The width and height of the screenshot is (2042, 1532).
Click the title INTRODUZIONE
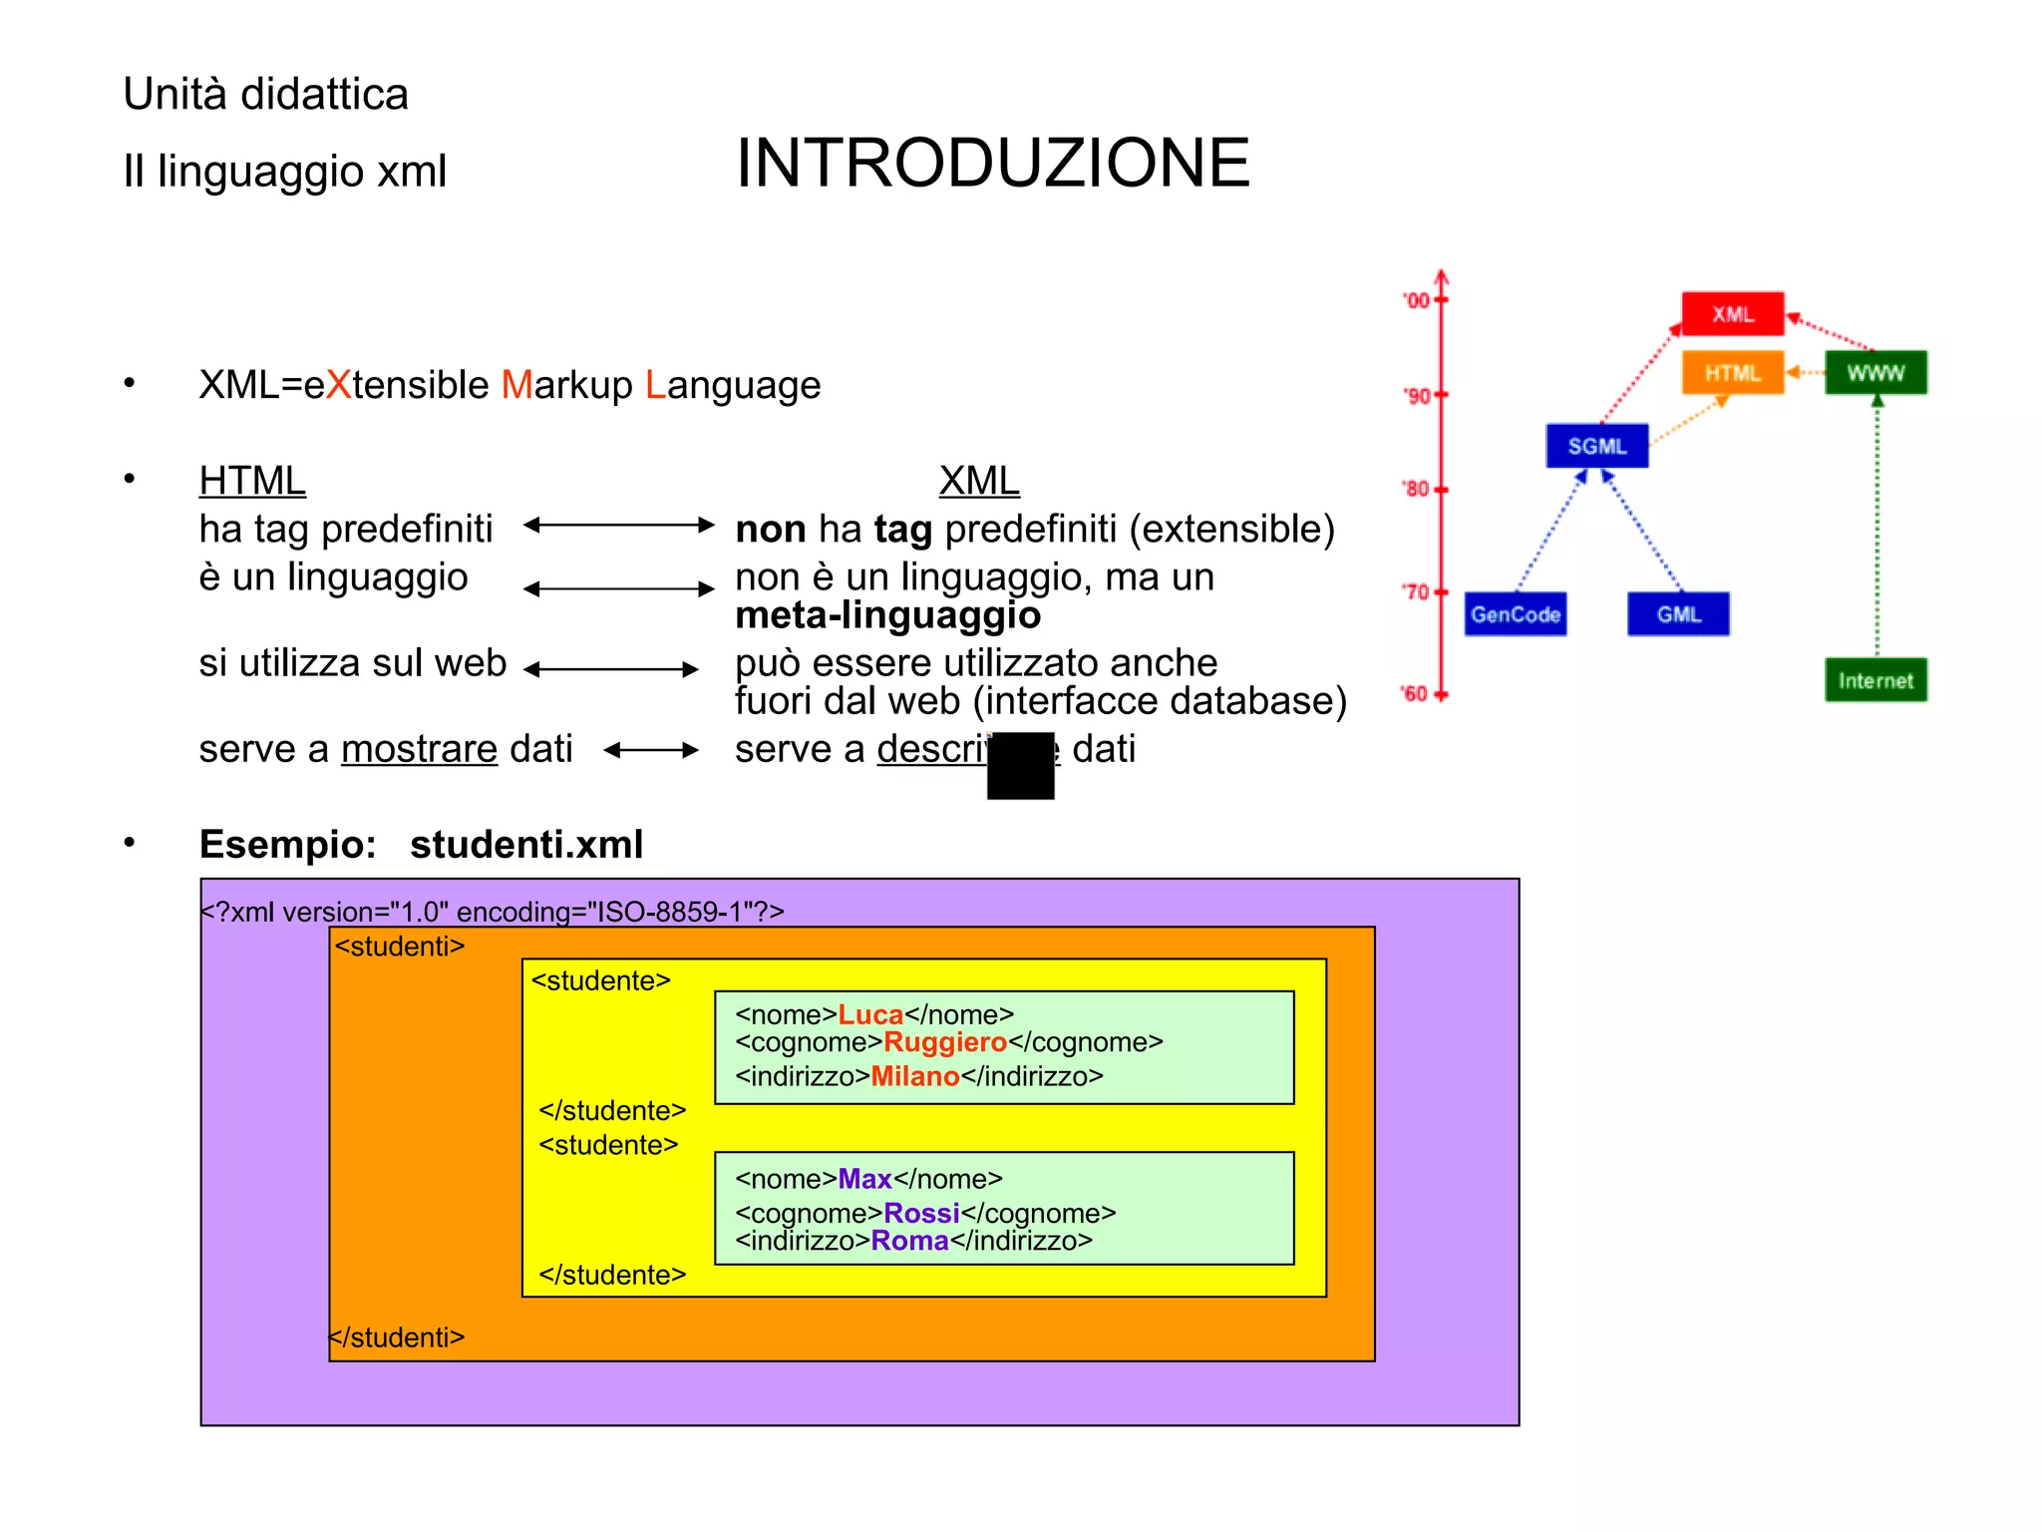(992, 164)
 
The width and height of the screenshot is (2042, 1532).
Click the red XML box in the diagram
(1732, 314)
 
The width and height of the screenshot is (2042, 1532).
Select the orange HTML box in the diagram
(1732, 373)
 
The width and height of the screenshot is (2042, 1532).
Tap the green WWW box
(1874, 373)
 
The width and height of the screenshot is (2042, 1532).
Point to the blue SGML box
(1596, 446)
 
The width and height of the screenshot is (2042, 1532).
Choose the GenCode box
(1515, 614)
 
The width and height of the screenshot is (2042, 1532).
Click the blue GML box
(1678, 614)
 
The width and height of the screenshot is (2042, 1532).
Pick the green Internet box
(1874, 680)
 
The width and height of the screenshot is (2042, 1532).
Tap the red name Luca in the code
(870, 1014)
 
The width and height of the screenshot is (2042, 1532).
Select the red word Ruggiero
(945, 1042)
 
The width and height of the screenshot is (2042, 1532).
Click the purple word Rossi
(921, 1213)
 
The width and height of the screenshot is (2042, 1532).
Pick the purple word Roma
(909, 1241)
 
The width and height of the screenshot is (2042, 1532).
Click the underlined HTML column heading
(252, 481)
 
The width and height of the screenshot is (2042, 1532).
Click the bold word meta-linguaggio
(887, 615)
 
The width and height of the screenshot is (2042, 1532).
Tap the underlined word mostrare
(419, 749)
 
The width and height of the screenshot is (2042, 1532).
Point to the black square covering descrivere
(1020, 765)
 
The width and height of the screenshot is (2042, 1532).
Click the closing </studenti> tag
(398, 1338)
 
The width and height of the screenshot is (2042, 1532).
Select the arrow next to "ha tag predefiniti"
(618, 525)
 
